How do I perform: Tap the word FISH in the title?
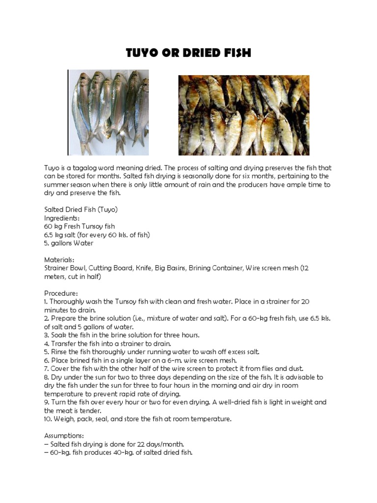(234, 53)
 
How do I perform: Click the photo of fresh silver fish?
(108, 112)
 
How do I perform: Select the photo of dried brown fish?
(243, 115)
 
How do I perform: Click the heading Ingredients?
(62, 218)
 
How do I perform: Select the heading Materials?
(59, 259)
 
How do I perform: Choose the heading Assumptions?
(64, 435)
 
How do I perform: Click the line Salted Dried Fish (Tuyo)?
(81, 209)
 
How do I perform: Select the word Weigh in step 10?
(64, 419)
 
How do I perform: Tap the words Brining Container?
(214, 268)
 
